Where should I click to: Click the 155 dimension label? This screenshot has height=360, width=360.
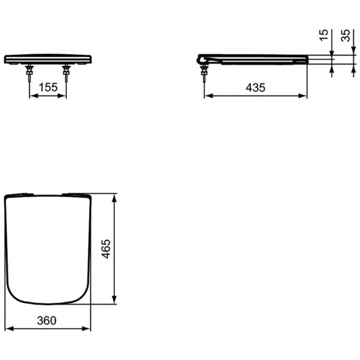[x=48, y=87]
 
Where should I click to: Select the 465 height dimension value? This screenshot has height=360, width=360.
[x=107, y=249]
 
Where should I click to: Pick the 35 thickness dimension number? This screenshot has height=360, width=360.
[x=345, y=35]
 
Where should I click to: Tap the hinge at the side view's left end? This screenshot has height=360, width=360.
[x=202, y=59]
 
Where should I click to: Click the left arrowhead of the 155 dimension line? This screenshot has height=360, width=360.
[x=33, y=96]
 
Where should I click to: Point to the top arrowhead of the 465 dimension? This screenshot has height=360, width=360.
[x=115, y=197]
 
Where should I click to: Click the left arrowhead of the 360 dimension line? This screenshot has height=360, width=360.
[x=8, y=329]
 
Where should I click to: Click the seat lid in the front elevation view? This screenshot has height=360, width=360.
[x=48, y=59]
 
